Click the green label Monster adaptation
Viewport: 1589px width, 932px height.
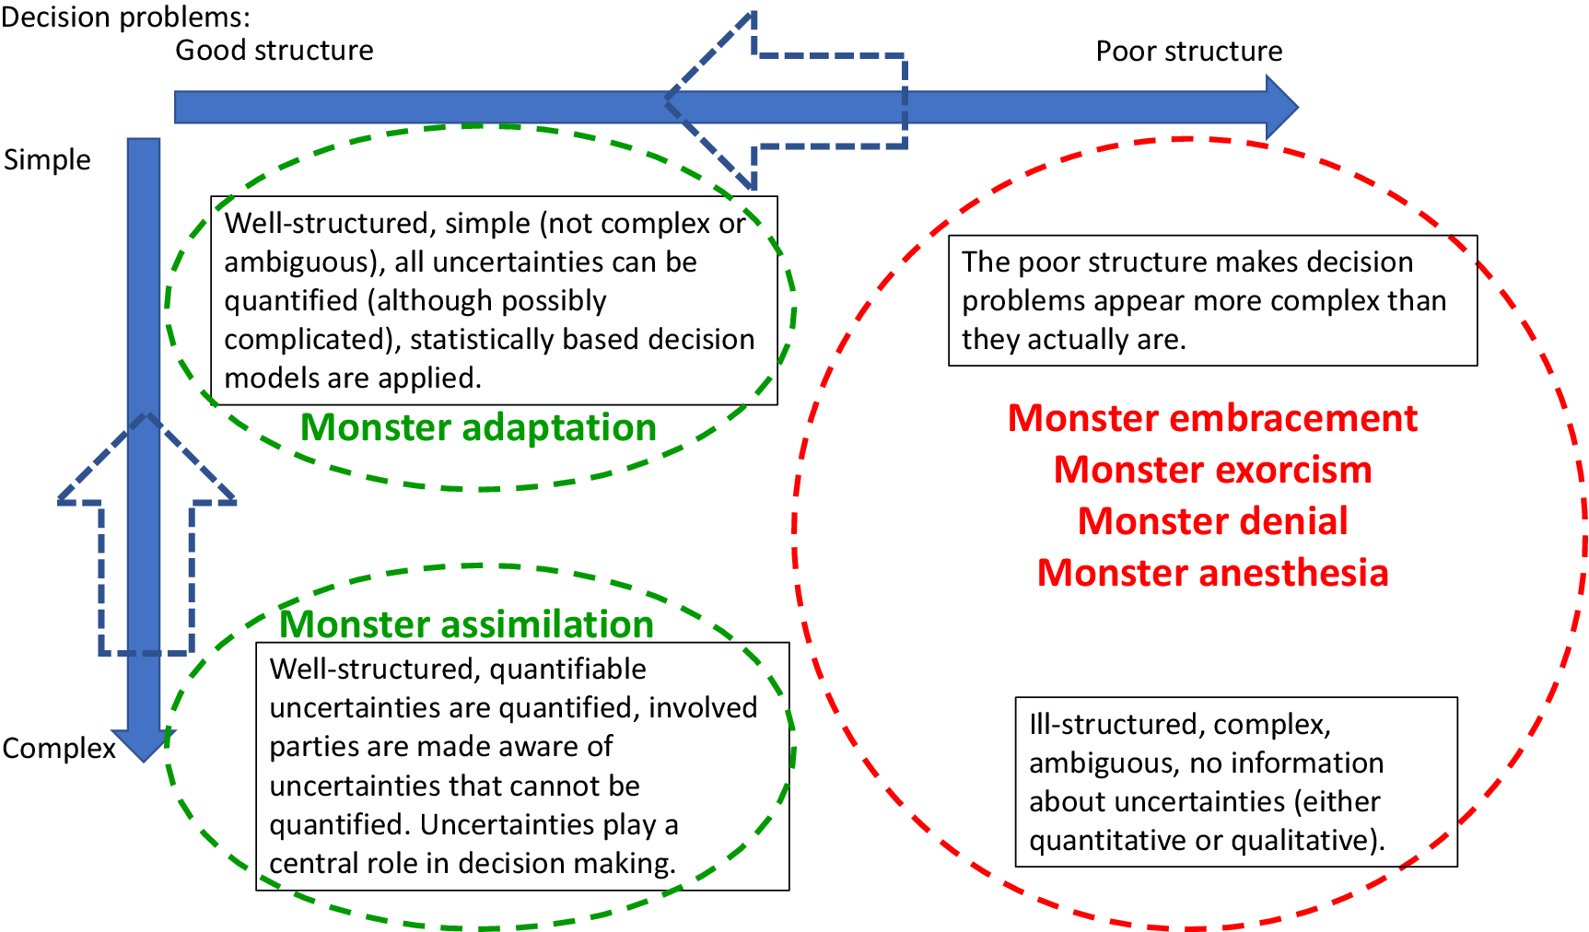tap(478, 427)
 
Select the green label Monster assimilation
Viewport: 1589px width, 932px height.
tap(466, 623)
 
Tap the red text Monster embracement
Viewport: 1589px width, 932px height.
tap(1212, 418)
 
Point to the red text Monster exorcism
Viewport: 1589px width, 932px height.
tap(1212, 470)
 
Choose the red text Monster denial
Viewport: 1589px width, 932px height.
tap(1212, 521)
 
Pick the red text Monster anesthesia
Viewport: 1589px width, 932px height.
tap(1212, 573)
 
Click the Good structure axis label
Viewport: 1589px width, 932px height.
tap(275, 50)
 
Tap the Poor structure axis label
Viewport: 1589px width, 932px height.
tap(1188, 51)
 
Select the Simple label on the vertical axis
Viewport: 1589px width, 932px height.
tap(47, 160)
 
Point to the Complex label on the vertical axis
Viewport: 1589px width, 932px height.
tap(59, 748)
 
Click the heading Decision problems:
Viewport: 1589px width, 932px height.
tap(125, 17)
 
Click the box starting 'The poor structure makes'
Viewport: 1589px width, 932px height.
tap(1212, 300)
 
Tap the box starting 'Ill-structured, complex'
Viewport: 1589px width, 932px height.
tap(1236, 782)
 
